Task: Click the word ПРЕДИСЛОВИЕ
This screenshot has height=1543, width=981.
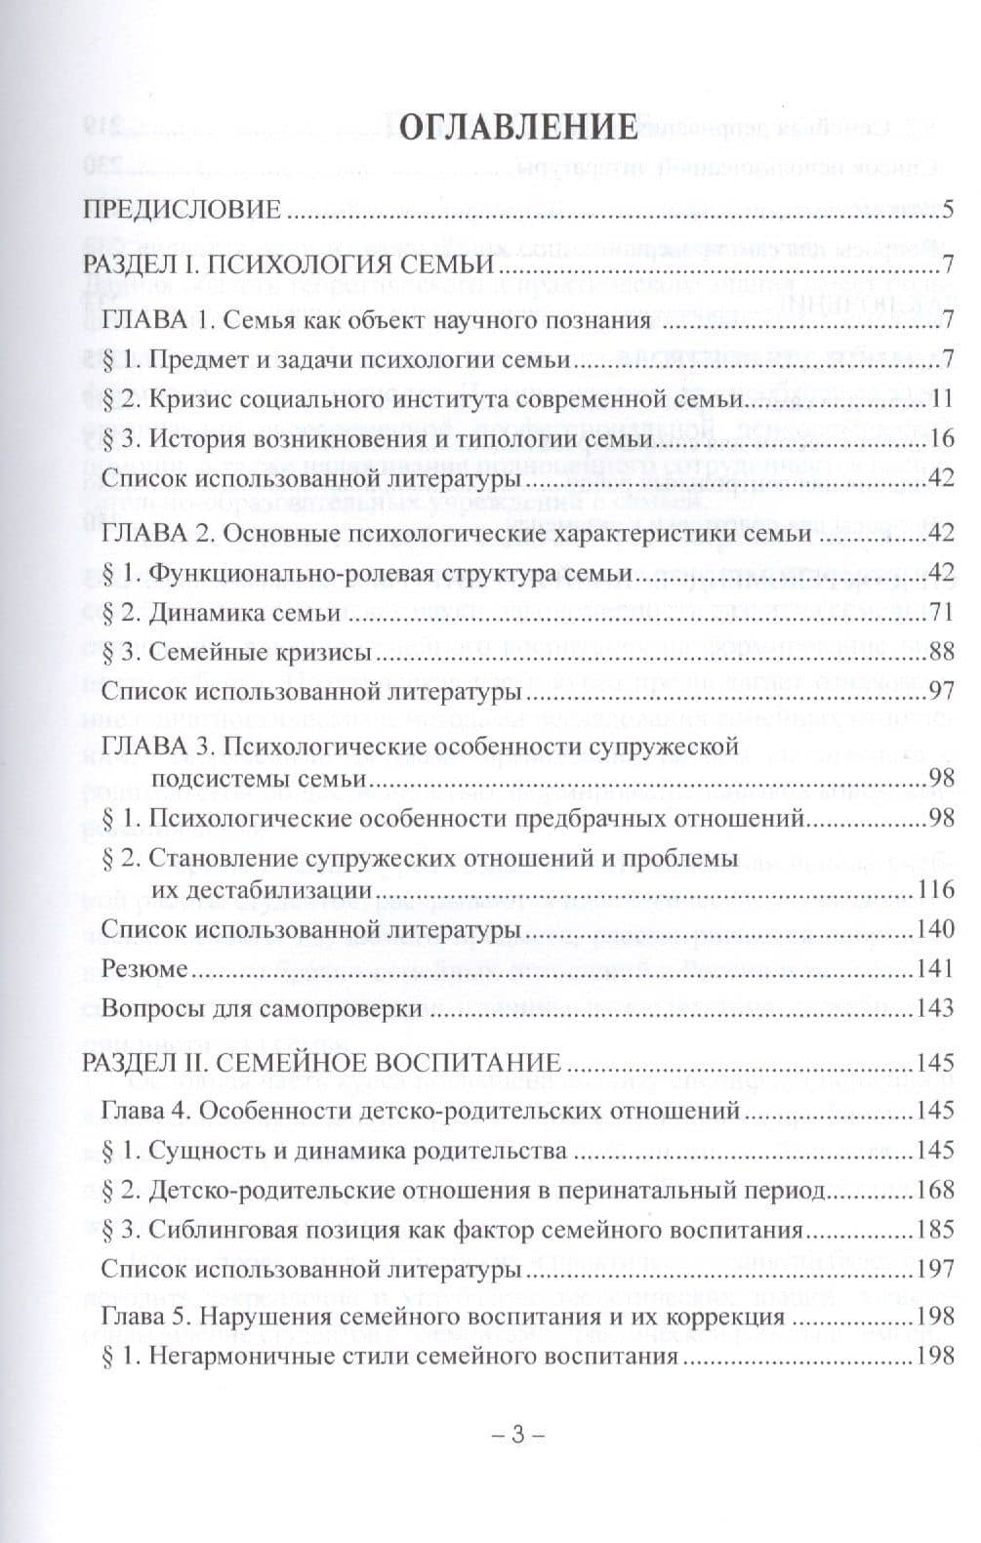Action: point(182,210)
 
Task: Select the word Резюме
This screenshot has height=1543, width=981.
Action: point(143,968)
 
